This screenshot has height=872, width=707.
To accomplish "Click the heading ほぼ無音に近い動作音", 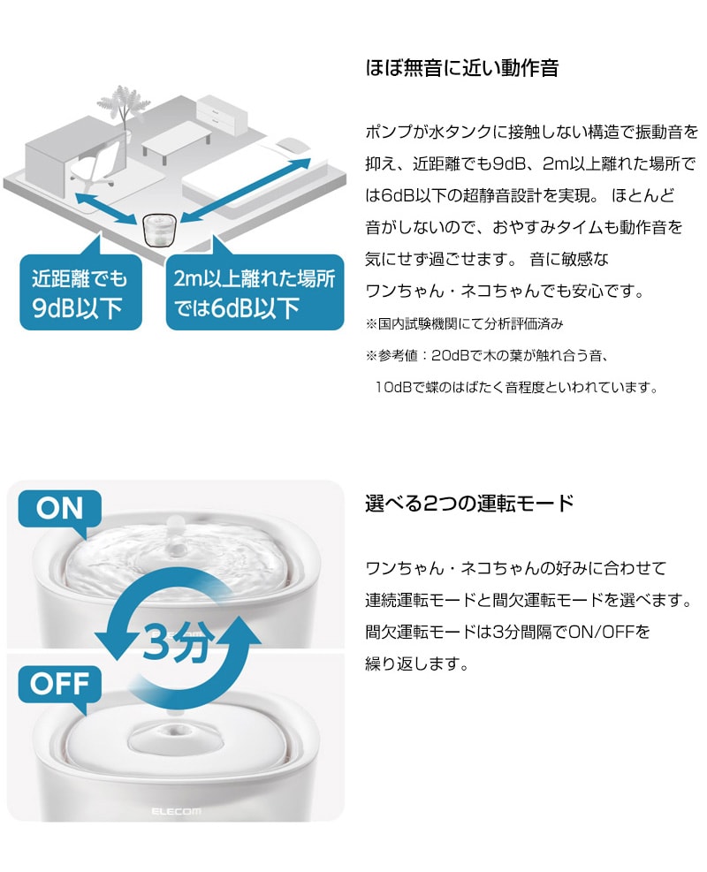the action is [x=461, y=68].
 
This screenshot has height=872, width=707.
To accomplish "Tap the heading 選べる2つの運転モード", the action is [x=469, y=504].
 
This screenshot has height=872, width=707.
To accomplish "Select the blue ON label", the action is [x=59, y=508].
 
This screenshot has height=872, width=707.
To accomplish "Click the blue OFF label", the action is [x=59, y=684].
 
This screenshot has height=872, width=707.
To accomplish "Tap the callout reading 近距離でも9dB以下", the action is [x=80, y=292].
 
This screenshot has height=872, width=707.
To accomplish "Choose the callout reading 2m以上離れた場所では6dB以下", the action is [x=255, y=292].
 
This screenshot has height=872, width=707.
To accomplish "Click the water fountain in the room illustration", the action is [x=160, y=230].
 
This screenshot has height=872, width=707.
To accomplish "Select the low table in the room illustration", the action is [x=177, y=143].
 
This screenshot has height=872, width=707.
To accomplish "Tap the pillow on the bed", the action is [x=293, y=145].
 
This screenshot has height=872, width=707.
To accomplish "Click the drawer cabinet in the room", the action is [x=222, y=115].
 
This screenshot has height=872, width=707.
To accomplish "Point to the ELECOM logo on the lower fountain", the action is [x=177, y=812].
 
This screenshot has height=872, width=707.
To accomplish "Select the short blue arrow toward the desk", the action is [x=106, y=208].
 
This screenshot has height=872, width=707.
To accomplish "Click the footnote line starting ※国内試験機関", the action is [x=465, y=323].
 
